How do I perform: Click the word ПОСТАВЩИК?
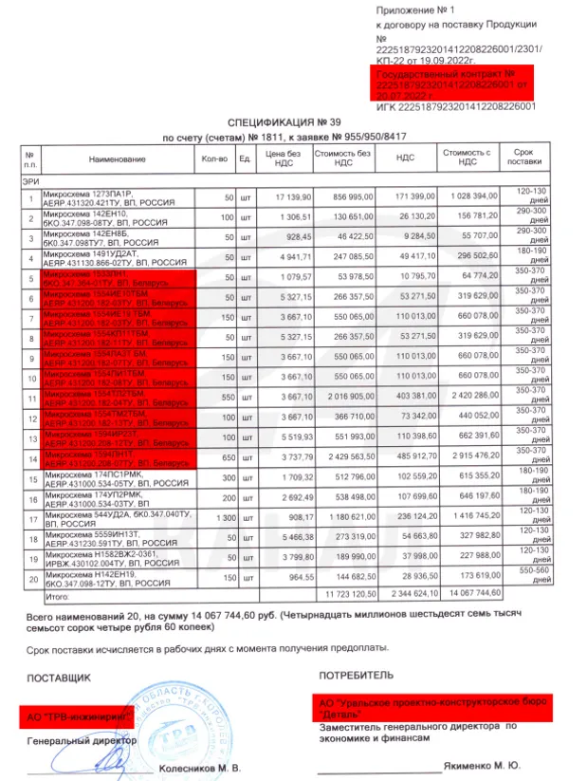pyautogui.click(x=60, y=678)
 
